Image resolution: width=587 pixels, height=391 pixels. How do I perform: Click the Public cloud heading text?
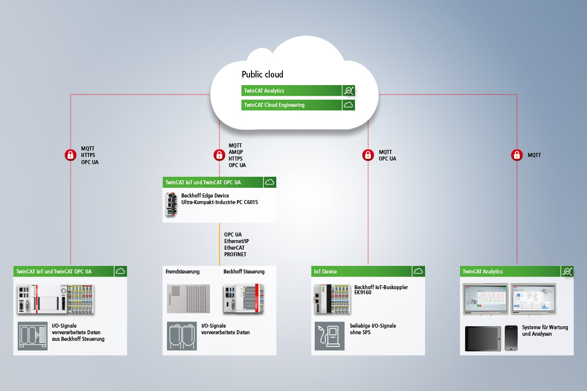(x=262, y=74)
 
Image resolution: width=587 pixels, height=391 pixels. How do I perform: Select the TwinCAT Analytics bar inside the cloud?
(x=291, y=91)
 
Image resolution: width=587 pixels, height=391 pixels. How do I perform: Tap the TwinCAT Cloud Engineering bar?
(x=291, y=105)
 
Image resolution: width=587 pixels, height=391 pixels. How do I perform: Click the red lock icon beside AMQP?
(x=219, y=155)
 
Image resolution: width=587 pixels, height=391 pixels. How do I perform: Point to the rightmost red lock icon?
(x=517, y=155)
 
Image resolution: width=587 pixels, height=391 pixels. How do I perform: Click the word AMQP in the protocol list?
(x=235, y=152)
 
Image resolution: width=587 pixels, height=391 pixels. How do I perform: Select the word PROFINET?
(x=235, y=254)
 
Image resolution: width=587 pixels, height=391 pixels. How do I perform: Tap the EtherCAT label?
(x=234, y=248)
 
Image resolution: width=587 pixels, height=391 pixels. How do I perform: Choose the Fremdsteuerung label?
(x=183, y=271)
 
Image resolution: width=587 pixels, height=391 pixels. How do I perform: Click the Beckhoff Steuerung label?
(x=244, y=271)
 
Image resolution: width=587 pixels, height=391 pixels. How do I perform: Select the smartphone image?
(x=511, y=338)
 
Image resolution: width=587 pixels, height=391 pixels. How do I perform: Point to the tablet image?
(x=483, y=338)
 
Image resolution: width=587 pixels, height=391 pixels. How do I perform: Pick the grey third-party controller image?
(x=188, y=298)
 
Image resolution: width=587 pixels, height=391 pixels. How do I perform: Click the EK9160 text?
(x=363, y=293)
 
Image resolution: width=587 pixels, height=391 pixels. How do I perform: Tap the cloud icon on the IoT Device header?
(x=418, y=271)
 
